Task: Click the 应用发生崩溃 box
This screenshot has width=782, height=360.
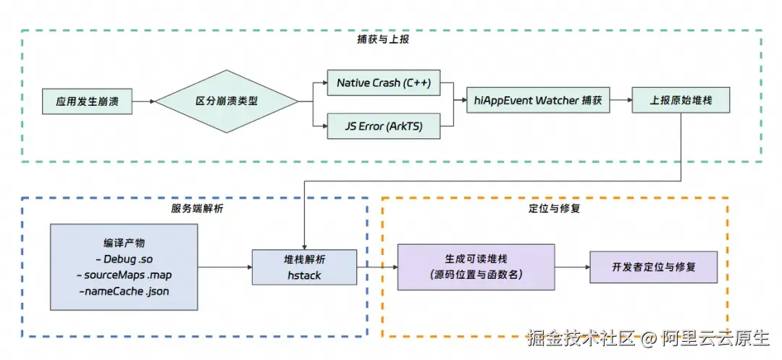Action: [87, 101]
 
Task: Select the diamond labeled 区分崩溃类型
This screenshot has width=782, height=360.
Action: [227, 101]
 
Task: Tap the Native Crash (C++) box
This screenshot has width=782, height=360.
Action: [384, 83]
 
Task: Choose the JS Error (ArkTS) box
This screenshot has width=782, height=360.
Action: [384, 126]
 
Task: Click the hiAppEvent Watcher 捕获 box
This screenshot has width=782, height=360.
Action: [539, 101]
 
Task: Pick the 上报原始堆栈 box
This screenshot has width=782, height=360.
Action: [681, 101]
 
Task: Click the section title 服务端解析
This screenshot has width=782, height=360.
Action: [191, 208]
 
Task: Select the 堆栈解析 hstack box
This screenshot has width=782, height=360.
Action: [304, 267]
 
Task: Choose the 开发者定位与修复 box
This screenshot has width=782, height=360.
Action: [653, 267]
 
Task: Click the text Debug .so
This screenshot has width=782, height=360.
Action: [124, 259]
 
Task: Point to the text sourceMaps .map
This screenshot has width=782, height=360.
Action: [124, 275]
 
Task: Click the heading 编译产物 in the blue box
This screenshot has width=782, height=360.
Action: [124, 243]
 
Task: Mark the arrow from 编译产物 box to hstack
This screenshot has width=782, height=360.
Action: [224, 267]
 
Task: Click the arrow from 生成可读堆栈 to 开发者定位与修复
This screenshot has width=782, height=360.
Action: [572, 267]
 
